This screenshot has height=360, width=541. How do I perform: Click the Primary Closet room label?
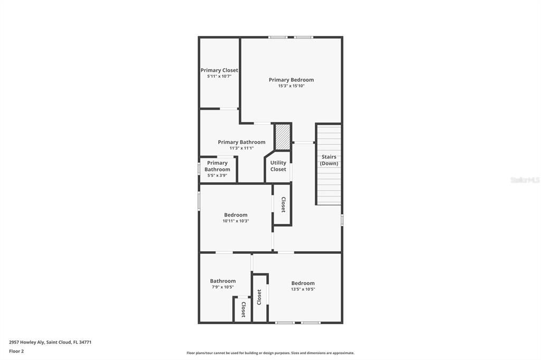click(219, 70)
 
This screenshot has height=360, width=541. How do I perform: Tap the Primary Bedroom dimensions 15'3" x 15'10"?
click(291, 86)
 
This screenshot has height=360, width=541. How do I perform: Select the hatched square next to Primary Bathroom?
click(283, 137)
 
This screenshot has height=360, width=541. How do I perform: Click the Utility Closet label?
click(278, 166)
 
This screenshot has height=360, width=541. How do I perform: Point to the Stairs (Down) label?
click(329, 160)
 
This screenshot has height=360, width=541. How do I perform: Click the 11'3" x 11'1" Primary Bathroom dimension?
click(241, 148)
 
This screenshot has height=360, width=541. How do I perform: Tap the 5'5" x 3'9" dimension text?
click(217, 175)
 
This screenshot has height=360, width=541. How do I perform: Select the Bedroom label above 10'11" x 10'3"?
click(236, 215)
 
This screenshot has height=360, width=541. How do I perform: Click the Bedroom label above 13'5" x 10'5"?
click(303, 283)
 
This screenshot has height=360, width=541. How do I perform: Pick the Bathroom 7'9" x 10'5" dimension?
click(222, 287)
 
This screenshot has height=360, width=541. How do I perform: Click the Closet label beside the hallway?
click(283, 204)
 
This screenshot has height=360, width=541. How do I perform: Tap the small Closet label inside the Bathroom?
click(243, 309)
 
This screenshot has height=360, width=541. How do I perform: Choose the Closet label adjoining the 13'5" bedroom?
click(259, 297)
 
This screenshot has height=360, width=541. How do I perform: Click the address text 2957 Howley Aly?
click(50, 342)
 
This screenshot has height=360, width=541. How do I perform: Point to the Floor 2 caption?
click(16, 351)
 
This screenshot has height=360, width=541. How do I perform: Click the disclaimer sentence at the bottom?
click(270, 353)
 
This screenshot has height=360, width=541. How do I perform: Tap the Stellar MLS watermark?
click(525, 180)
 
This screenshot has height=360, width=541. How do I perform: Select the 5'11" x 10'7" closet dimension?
click(219, 77)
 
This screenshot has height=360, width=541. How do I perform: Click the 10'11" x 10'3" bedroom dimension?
click(236, 221)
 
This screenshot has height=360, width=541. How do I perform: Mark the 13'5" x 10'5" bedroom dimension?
click(303, 289)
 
